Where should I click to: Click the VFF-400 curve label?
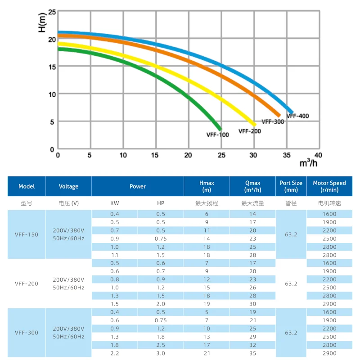pyautogui.click(x=297, y=116)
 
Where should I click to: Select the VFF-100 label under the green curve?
pyautogui.click(x=217, y=135)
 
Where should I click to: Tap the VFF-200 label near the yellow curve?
pyautogui.click(x=250, y=131)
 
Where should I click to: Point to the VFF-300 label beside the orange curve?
pyautogui.click(x=273, y=121)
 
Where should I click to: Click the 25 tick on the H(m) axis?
pyautogui.click(x=52, y=12)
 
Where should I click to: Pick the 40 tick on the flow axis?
pyautogui.click(x=318, y=155)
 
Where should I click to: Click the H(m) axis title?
pyautogui.click(x=42, y=22)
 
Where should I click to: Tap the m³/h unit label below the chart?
pyautogui.click(x=308, y=163)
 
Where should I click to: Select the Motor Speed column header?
pyautogui.click(x=329, y=186)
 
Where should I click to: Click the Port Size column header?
pyautogui.click(x=291, y=186)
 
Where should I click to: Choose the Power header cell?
pyautogui.click(x=138, y=186)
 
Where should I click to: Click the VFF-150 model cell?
pyautogui.click(x=27, y=234)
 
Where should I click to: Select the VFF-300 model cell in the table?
pyautogui.click(x=27, y=333)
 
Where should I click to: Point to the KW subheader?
pyautogui.click(x=115, y=203)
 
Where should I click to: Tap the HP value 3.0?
pyautogui.click(x=161, y=353)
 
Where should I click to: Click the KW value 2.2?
pyautogui.click(x=115, y=353)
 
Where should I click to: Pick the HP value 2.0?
pyautogui.click(x=161, y=304)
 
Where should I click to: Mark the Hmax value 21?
pyautogui.click(x=207, y=353)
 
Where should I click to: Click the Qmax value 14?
pyautogui.click(x=252, y=214)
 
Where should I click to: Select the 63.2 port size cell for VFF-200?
pyautogui.click(x=291, y=283)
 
